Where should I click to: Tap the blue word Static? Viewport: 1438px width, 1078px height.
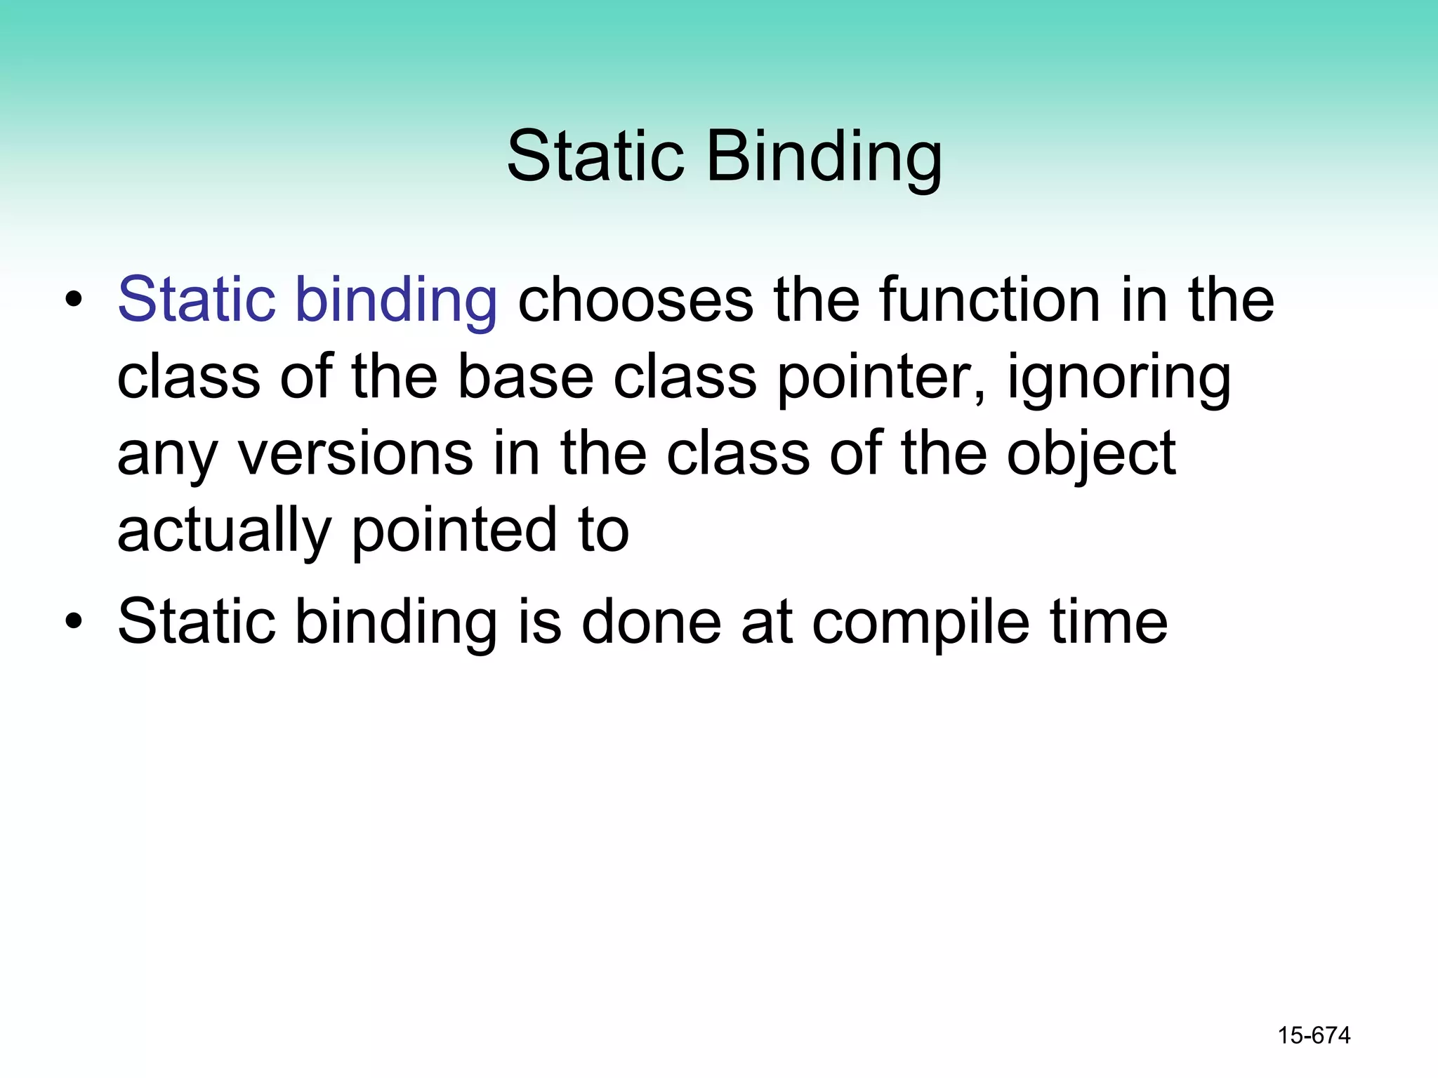pyautogui.click(x=197, y=300)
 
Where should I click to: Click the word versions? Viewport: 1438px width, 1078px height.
pyautogui.click(x=355, y=455)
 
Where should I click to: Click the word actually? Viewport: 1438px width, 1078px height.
pyautogui.click(x=223, y=532)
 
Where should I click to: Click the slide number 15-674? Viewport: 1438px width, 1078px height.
pyautogui.click(x=1313, y=1035)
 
